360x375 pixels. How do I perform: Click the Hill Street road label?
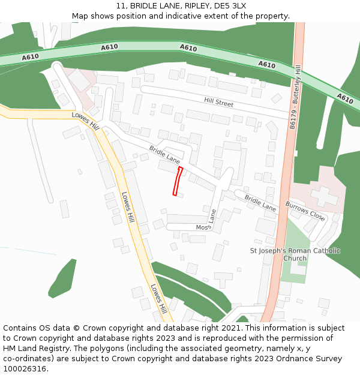[218, 103]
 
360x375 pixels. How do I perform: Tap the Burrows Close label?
[305, 212]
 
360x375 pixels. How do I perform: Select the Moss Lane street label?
[206, 221]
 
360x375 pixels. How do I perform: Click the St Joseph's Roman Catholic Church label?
[295, 254]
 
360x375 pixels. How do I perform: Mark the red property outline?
[178, 181]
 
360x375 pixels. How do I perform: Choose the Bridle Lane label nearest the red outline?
[164, 155]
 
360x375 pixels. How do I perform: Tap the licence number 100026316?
[25, 369]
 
